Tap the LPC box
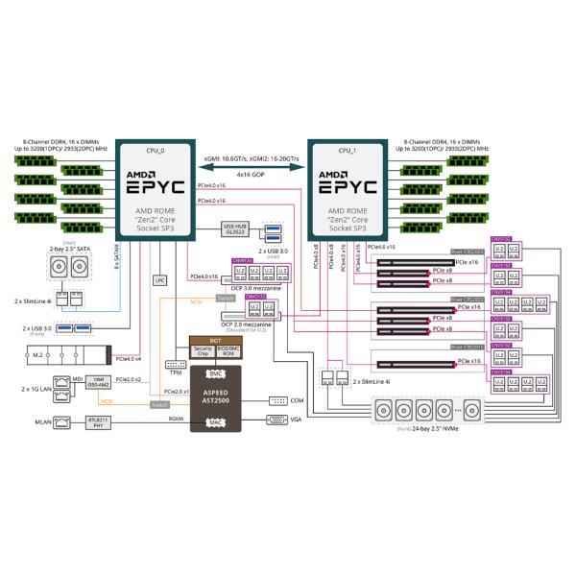point(160,280)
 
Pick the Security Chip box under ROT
point(203,352)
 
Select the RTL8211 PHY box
point(97,420)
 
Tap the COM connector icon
point(278,399)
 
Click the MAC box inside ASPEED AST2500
point(217,420)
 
